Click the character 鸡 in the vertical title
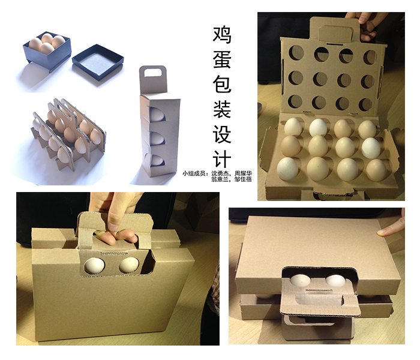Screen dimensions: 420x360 pyautogui.click(x=222, y=35)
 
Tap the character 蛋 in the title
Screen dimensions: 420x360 pyautogui.click(x=222, y=59)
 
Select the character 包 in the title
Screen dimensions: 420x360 pyautogui.click(x=222, y=83)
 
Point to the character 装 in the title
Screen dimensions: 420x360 pyautogui.click(x=222, y=108)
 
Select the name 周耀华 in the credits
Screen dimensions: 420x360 pyautogui.click(x=243, y=173)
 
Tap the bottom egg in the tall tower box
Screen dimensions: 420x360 pyautogui.click(x=156, y=160)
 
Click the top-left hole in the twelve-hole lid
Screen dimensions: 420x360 pyautogui.click(x=296, y=53)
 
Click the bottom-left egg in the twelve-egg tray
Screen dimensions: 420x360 pyautogui.click(x=287, y=168)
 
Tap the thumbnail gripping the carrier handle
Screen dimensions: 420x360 pyautogui.click(x=113, y=226)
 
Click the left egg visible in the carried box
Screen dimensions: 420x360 pyautogui.click(x=95, y=265)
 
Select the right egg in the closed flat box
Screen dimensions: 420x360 pyautogui.click(x=335, y=280)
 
